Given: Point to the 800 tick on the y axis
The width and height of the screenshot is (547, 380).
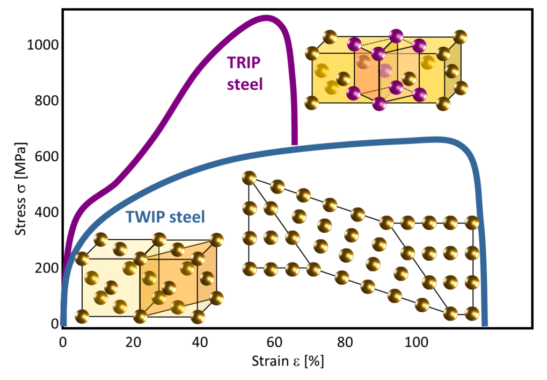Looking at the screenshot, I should (45, 101).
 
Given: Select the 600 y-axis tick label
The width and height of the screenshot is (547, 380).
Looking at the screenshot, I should (45, 157).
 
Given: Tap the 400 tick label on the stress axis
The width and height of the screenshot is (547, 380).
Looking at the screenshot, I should (45, 213).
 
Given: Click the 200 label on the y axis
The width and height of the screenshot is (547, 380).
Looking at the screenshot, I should (45, 268).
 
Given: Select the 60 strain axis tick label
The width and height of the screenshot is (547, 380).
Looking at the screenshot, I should (274, 342).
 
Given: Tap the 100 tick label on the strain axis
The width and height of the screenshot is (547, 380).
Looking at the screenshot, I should (415, 342).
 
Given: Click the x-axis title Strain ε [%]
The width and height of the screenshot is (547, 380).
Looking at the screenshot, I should (287, 361).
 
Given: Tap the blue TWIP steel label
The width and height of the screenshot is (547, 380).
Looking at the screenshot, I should (165, 217).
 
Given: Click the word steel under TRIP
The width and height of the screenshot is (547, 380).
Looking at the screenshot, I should (245, 84).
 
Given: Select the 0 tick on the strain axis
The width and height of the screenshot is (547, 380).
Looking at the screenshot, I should (63, 342).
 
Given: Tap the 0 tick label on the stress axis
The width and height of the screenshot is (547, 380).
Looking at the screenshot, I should (55, 324).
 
